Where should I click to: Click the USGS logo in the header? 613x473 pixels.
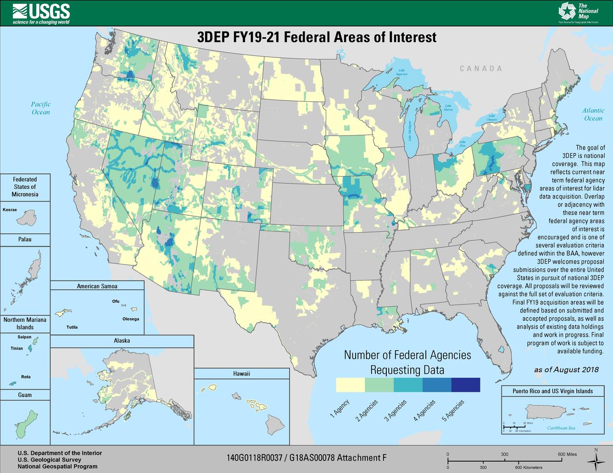41,12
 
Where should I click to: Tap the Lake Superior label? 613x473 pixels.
402,72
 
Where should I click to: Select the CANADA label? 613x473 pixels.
481,69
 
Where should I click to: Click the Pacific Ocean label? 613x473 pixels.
41,108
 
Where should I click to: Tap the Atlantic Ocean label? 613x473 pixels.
593,114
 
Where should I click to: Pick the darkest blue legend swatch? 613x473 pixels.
466,385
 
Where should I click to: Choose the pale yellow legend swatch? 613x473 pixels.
350,385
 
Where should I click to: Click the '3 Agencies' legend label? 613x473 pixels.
396,411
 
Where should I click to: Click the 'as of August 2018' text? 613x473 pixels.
566,370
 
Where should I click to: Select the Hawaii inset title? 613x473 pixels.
241,374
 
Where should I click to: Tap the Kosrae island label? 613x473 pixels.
10,209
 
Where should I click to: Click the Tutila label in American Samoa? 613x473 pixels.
72,327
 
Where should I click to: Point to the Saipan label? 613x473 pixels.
24,337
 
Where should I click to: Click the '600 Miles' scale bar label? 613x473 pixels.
567,454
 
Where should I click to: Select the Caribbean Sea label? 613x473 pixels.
561,428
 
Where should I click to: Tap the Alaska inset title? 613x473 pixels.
122,341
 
